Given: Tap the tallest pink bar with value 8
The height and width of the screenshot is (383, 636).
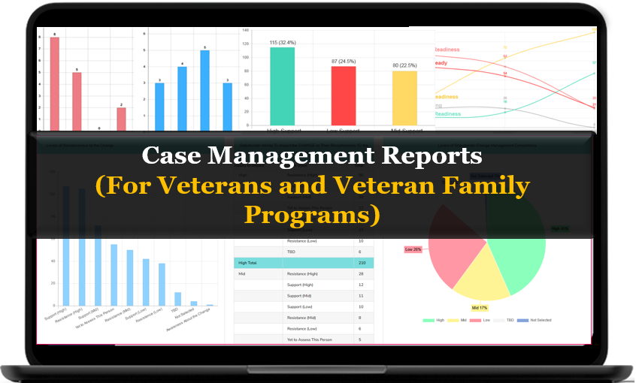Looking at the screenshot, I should click(54, 83).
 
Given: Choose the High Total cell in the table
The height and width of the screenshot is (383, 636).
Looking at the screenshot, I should click(248, 263).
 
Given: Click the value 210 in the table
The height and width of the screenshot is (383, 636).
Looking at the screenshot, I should click(363, 263).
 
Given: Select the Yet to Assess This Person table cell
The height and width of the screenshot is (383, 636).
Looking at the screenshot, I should click(310, 339).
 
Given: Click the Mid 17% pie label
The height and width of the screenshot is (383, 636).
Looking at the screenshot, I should click(479, 307).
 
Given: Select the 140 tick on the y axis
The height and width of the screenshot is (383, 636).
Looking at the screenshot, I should click(245, 30).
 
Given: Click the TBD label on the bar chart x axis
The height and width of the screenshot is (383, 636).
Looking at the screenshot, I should click(174, 310).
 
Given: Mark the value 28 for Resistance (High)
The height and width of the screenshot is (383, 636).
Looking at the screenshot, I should click(362, 274).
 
